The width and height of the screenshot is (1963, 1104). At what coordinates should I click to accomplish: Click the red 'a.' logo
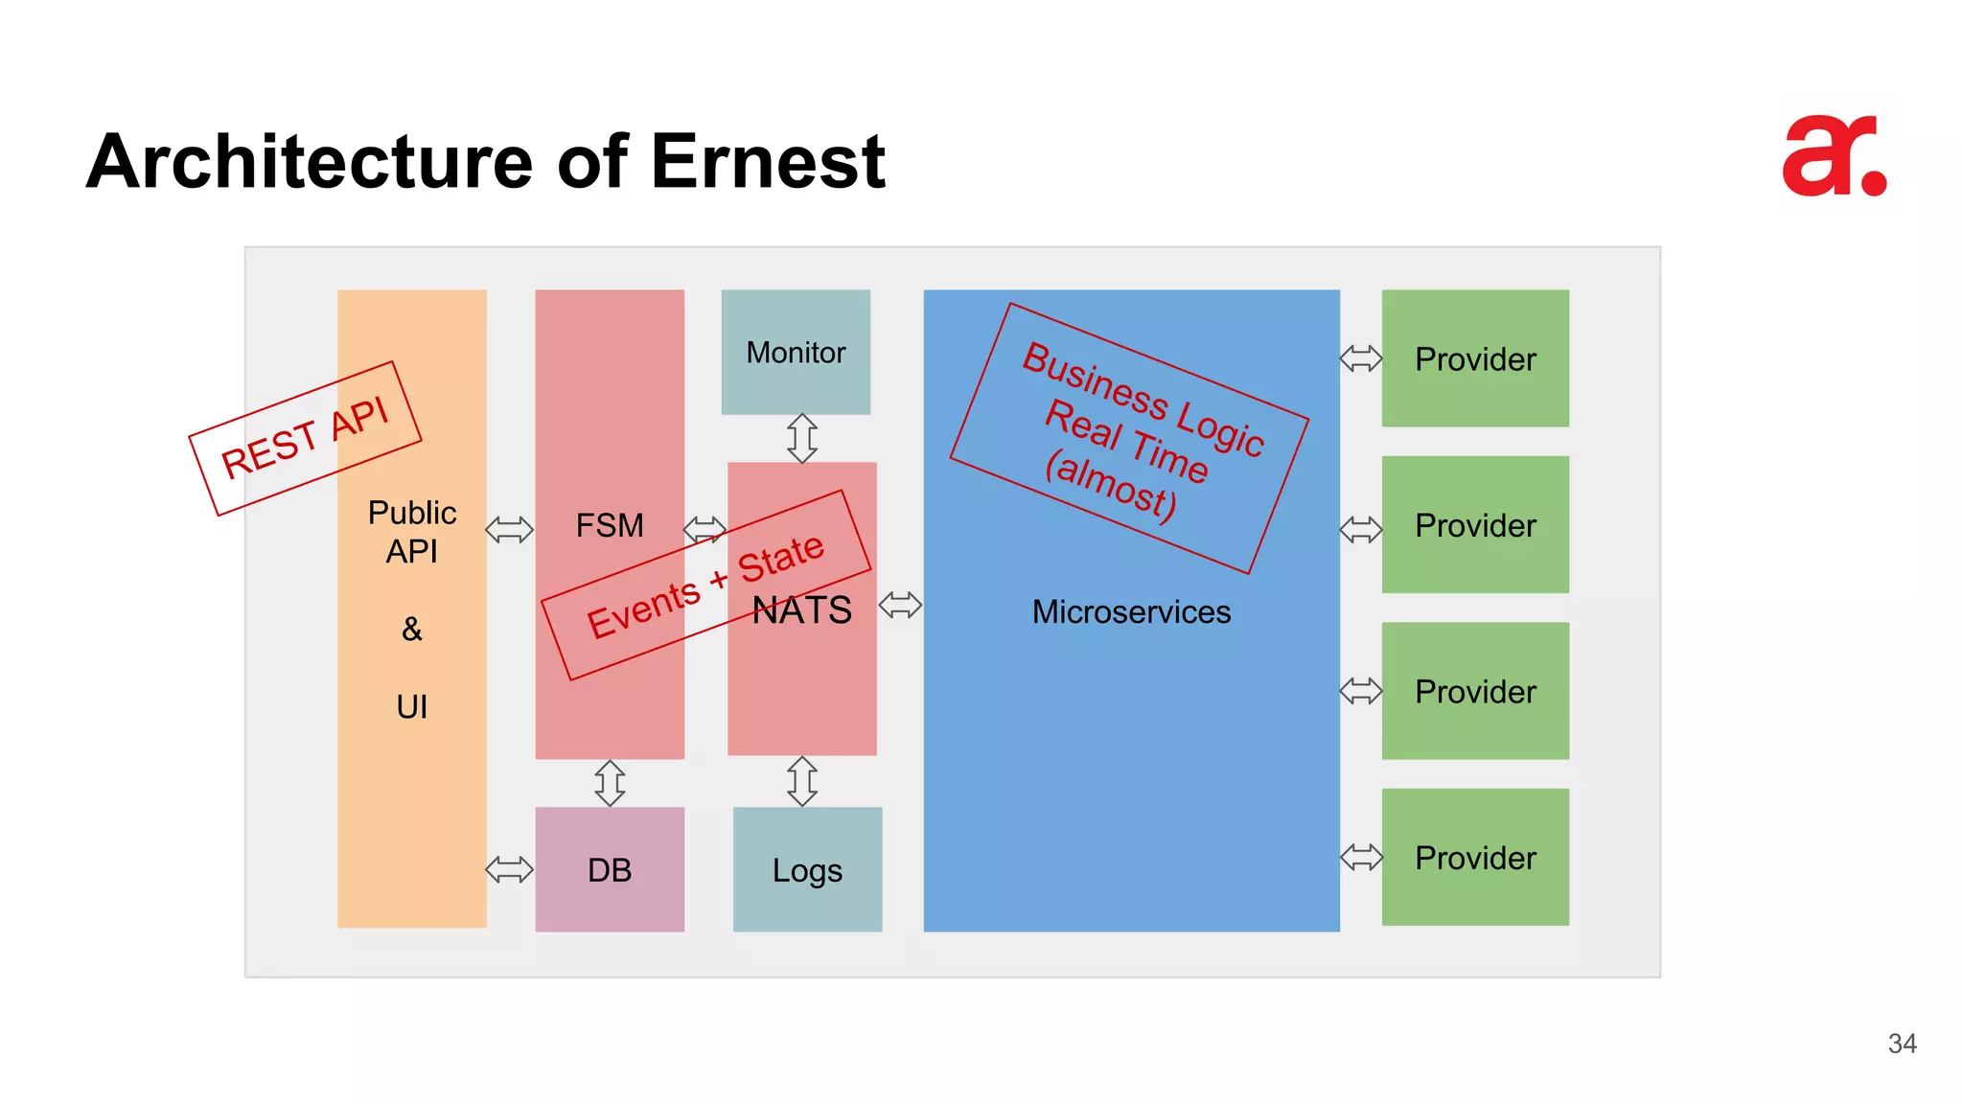1833,157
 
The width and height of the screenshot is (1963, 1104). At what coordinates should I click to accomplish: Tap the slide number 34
1902,1044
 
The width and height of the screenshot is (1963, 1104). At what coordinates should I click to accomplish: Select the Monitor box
796,352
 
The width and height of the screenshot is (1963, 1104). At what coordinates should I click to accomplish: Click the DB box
610,869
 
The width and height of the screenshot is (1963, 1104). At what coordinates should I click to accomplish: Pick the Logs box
807,869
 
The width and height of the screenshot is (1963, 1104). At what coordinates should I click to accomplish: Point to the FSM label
610,525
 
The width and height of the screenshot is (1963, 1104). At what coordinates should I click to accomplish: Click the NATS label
802,610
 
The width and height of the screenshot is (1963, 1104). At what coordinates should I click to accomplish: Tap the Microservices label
1131,611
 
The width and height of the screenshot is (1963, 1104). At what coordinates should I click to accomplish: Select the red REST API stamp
305,437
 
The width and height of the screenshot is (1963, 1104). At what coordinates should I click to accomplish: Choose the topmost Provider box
1475,358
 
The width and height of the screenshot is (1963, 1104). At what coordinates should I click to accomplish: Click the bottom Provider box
1475,857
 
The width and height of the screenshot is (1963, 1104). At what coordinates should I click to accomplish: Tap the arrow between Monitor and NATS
802,438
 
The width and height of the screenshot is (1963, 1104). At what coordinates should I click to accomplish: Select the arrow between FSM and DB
610,783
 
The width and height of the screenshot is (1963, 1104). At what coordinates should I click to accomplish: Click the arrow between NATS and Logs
802,781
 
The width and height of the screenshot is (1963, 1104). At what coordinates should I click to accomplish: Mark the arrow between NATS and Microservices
900,605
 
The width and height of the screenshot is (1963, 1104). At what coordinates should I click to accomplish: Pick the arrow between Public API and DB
509,869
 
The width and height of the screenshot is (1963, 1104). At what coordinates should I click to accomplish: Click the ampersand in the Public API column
412,629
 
